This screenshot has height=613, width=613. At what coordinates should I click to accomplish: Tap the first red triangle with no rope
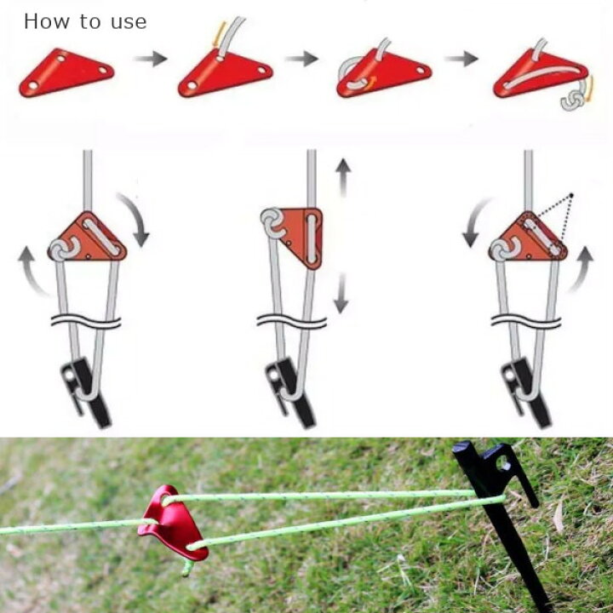[66, 72]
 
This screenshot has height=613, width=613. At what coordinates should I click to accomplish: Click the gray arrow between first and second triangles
[150, 59]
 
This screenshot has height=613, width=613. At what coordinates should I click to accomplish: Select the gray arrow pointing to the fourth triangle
[461, 59]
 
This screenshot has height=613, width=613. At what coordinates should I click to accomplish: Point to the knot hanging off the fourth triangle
[572, 100]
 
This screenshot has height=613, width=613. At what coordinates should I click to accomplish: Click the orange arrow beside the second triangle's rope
[221, 34]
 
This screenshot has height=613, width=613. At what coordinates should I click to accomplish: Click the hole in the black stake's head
[503, 463]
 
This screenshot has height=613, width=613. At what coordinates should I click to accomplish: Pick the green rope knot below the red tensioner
[187, 568]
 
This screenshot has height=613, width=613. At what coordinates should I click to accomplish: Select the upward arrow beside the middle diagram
[343, 177]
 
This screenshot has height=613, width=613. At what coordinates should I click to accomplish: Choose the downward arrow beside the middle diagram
[341, 293]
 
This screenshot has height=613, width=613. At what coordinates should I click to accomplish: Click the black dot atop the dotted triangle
[571, 195]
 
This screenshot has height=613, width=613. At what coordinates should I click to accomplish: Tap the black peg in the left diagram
[87, 391]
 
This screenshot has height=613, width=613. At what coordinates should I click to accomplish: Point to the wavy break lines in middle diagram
[292, 321]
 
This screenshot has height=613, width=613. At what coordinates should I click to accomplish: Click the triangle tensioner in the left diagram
[88, 238]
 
